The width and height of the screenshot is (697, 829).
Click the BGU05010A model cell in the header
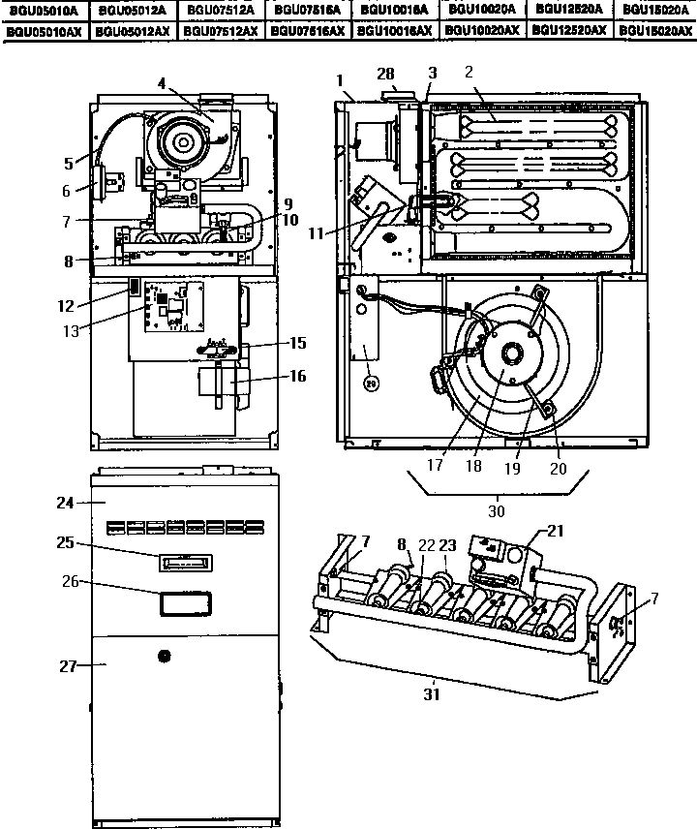[x=44, y=10]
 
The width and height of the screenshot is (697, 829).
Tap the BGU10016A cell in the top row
[x=395, y=10]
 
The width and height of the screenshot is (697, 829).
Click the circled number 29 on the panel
[x=370, y=383]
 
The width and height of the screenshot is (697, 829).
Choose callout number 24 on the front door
[x=65, y=503]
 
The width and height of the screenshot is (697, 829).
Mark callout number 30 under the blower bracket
[x=496, y=509]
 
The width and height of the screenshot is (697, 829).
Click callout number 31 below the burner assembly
[x=432, y=692]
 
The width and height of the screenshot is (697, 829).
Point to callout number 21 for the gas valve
[x=555, y=530]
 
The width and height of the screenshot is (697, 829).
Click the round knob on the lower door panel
[x=162, y=657]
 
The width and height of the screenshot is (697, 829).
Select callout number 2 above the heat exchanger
[x=468, y=73]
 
